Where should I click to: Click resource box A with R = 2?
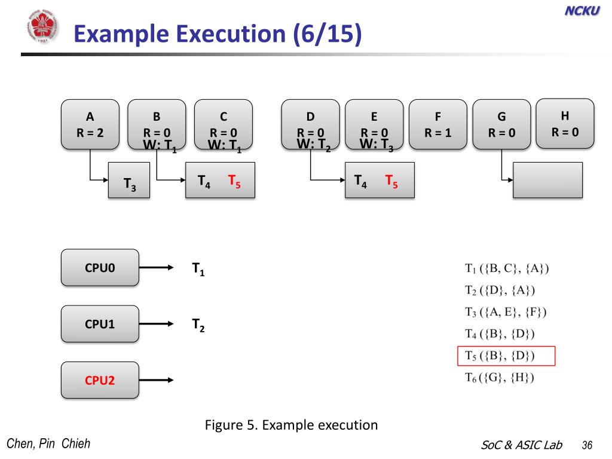click(90, 124)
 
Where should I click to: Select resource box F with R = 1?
click(437, 124)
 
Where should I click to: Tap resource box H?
click(565, 123)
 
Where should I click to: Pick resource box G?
click(501, 124)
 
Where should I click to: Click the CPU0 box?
click(100, 268)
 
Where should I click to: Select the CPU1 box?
click(100, 324)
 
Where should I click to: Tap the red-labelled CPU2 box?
click(100, 380)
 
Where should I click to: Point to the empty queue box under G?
click(547, 180)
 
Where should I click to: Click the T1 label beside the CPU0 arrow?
click(198, 269)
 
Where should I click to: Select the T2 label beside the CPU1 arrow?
click(198, 325)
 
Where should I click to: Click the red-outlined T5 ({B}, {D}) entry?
click(506, 356)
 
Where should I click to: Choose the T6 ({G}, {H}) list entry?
click(500, 377)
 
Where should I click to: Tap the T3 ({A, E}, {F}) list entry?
click(506, 312)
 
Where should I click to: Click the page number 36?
click(586, 445)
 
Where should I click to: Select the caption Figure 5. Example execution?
click(291, 426)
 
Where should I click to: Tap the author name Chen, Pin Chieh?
click(48, 443)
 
